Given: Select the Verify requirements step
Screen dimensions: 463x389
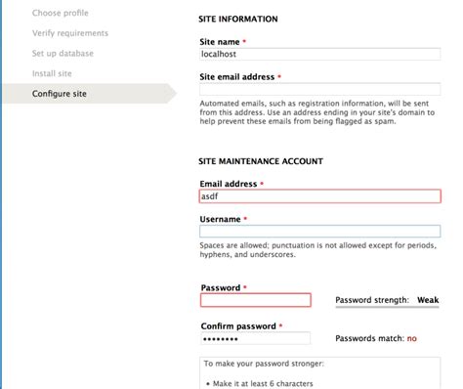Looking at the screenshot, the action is [69, 33].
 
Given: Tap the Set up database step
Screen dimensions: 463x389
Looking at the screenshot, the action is [64, 54].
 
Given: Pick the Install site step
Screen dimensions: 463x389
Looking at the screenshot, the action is [51, 73].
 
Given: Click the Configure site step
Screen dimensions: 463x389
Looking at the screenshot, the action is [59, 94].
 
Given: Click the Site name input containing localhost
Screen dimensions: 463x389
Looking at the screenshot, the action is [319, 56].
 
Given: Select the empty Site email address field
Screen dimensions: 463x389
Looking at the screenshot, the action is [319, 89].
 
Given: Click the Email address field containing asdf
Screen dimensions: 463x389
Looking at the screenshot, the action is [319, 195].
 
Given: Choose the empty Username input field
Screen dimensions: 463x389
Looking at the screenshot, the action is [319, 233].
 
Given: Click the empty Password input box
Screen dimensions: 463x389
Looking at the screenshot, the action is [255, 300].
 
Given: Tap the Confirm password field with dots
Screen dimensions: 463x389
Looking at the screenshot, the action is [255, 338].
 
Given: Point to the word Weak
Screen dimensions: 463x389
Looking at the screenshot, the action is [427, 300].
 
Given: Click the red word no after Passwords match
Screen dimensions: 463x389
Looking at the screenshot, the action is [411, 338].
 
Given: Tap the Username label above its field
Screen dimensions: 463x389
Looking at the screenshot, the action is [222, 219].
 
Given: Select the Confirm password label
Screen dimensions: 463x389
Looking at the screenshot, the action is [238, 325].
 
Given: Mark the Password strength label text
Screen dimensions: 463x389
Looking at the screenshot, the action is [372, 300].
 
